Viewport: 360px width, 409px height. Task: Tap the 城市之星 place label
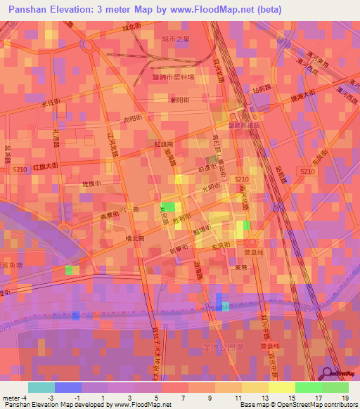point(175,39)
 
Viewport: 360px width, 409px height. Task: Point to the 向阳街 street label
point(131,119)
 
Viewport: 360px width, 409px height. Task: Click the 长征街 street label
point(51,104)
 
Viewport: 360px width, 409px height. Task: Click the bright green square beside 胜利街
point(168,207)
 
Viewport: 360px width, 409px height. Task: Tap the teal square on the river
point(225,306)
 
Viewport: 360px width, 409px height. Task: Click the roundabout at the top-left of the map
point(88,46)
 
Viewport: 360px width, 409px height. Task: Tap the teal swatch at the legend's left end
point(41,387)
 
